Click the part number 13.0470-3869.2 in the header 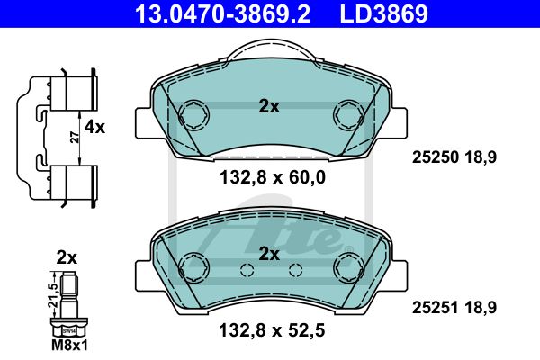222,13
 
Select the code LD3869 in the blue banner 384,13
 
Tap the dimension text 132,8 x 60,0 273,178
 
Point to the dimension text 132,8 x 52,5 272,330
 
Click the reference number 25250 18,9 454,157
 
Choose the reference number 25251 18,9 454,308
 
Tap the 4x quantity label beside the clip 94,128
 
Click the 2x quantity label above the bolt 67,257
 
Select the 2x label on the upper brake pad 269,107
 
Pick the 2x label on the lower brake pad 269,254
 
